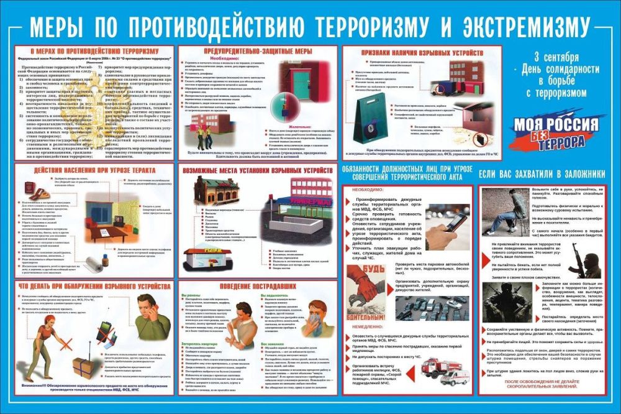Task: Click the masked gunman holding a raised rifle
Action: [584, 262]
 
